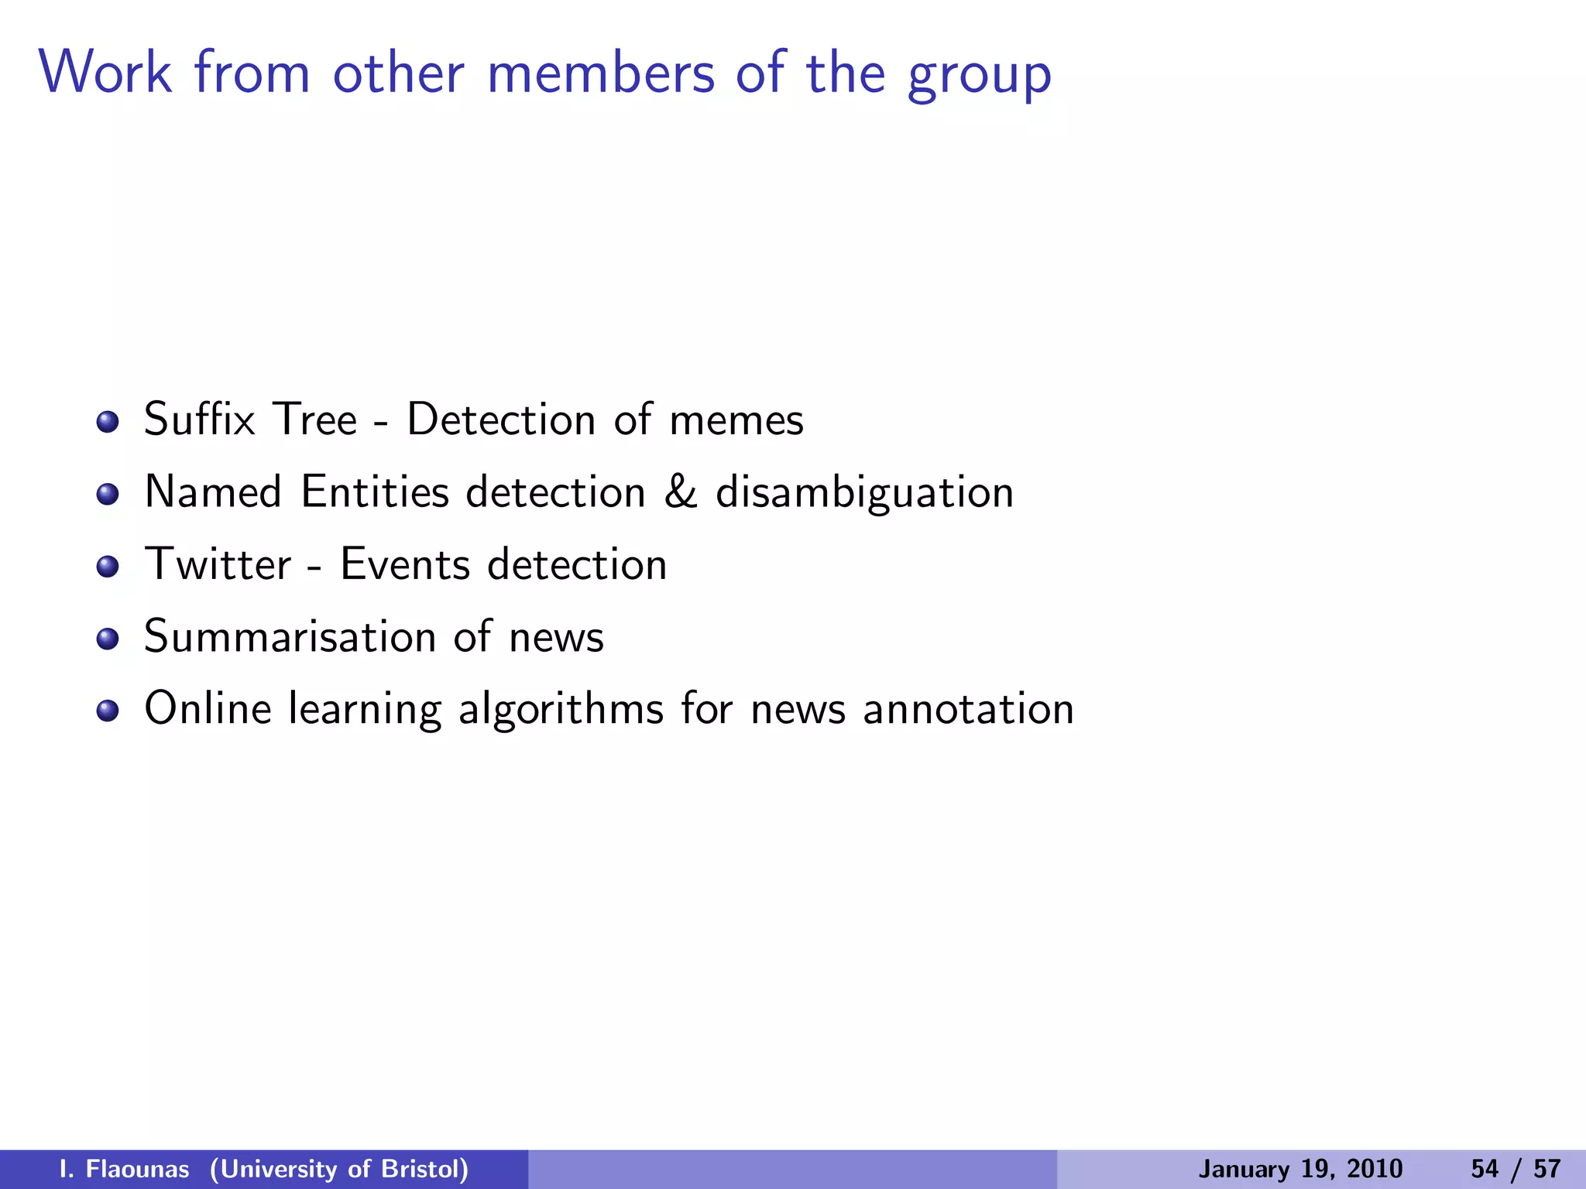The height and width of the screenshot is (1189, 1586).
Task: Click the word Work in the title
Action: point(105,73)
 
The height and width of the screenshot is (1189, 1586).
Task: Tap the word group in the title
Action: point(979,76)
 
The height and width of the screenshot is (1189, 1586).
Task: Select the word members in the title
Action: point(601,73)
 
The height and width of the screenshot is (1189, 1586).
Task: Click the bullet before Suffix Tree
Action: point(108,422)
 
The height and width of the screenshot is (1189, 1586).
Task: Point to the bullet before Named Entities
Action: point(108,494)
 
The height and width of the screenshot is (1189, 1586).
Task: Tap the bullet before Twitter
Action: point(108,567)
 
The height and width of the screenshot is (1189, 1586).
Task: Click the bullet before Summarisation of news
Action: point(108,639)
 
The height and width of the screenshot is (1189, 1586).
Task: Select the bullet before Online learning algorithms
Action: point(108,711)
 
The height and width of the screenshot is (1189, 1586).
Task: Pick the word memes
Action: point(736,420)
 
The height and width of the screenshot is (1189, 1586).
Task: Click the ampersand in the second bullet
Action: point(680,492)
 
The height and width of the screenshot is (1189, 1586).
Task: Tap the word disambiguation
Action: point(864,492)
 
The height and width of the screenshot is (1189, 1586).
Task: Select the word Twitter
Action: point(218,564)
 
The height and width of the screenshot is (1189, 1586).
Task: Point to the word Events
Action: point(404,564)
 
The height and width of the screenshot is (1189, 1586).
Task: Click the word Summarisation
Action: point(290,636)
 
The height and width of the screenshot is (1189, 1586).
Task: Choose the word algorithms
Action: point(561,709)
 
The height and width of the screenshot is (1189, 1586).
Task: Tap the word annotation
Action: point(968,709)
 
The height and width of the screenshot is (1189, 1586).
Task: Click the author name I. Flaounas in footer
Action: point(124,1169)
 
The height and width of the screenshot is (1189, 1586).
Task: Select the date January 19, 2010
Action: point(1300,1169)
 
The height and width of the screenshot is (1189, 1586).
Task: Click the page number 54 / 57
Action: point(1516,1169)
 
